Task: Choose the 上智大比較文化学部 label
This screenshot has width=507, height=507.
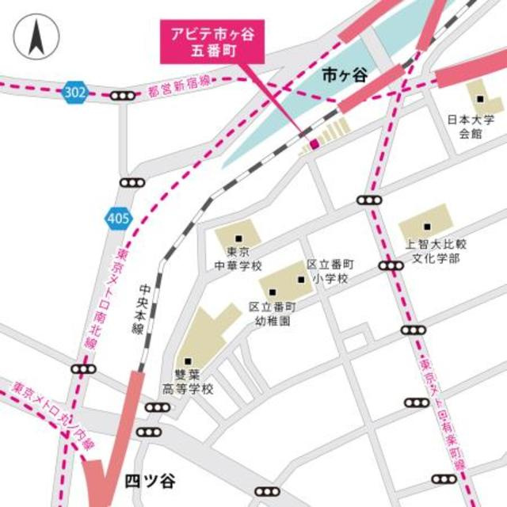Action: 432,252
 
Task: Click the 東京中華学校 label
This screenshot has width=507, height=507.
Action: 238,259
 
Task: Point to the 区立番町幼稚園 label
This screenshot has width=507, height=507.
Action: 272,314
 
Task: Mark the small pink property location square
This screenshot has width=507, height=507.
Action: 314,143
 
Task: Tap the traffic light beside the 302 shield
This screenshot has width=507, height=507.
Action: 122,96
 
